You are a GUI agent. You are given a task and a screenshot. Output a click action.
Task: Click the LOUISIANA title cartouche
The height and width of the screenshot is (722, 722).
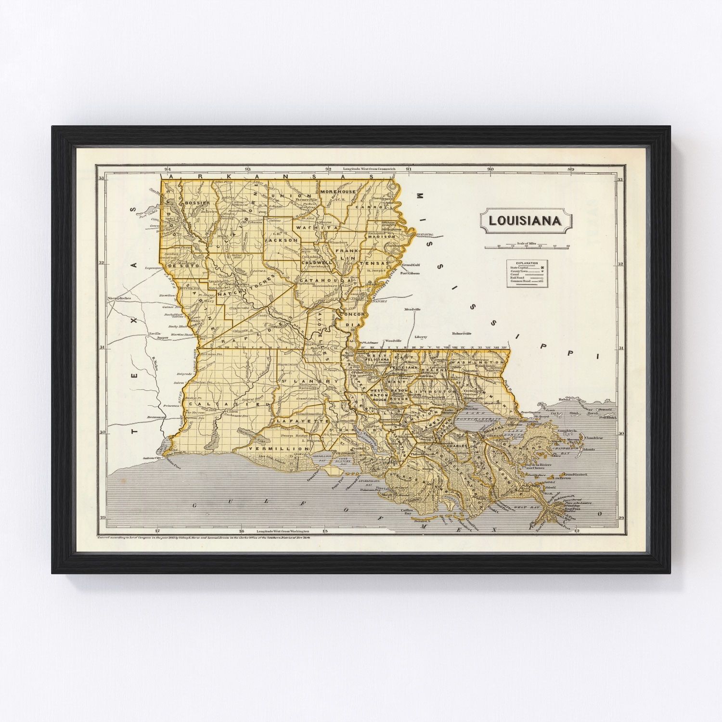click(525, 221)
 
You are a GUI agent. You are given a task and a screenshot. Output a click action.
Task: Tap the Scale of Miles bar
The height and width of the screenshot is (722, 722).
click(527, 247)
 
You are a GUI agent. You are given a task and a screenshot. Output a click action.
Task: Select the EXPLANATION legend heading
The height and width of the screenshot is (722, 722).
click(527, 263)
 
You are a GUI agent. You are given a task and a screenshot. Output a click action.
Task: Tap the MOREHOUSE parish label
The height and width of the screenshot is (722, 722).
click(337, 192)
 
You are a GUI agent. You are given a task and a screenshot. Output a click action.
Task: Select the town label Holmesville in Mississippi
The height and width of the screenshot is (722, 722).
click(461, 333)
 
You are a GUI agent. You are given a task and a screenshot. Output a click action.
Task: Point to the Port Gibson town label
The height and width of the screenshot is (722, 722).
click(410, 273)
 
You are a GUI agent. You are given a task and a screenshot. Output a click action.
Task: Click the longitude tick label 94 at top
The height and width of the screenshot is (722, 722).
click(168, 169)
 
